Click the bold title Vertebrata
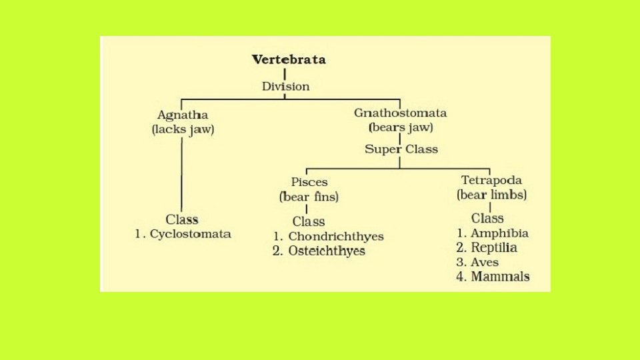point(289,60)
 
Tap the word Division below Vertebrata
point(285,87)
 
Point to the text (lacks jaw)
point(183,129)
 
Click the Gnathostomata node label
point(400,113)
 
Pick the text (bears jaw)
point(401,127)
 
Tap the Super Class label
point(401,149)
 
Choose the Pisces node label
point(309,182)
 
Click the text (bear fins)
point(309,197)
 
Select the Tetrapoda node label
point(491,181)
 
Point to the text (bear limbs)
point(491,195)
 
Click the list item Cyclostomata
point(190,234)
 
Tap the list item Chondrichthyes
point(336,237)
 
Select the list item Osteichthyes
point(327,251)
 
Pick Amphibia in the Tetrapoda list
point(499,233)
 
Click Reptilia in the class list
point(494,248)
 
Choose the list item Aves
point(485,262)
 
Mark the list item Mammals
point(500,277)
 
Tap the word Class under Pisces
point(309,221)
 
